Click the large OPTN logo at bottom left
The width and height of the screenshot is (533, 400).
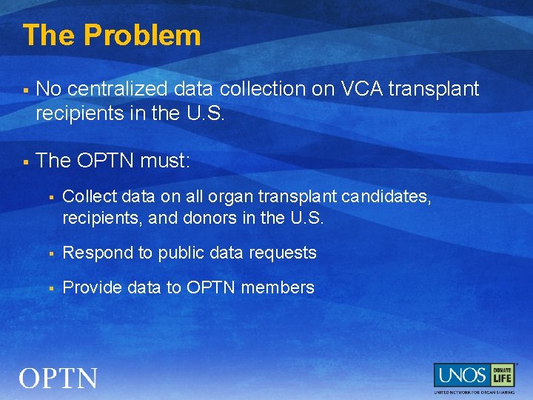point(58,379)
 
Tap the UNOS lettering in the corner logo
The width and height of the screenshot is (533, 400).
point(460,375)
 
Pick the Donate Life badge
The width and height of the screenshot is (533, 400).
point(503,375)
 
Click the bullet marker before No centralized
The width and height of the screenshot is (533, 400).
point(26,90)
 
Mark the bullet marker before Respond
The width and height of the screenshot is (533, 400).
point(51,253)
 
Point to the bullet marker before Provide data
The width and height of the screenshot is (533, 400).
point(51,287)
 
